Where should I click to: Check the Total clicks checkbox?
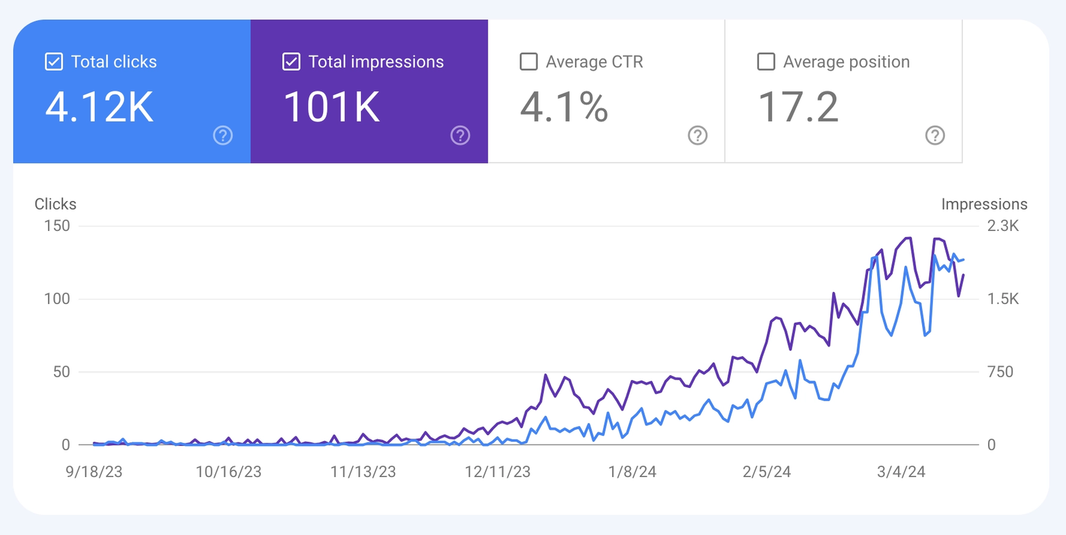pyautogui.click(x=54, y=62)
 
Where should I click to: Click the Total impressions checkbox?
pyautogui.click(x=291, y=62)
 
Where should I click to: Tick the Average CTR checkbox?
pyautogui.click(x=528, y=62)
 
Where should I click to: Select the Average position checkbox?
pyautogui.click(x=766, y=62)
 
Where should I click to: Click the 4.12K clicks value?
pyautogui.click(x=100, y=107)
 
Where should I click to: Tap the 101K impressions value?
pyautogui.click(x=332, y=107)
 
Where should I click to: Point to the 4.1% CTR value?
pyautogui.click(x=564, y=107)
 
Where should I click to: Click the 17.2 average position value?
pyautogui.click(x=798, y=107)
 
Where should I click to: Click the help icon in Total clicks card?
pyautogui.click(x=223, y=136)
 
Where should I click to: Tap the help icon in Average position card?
pyautogui.click(x=935, y=136)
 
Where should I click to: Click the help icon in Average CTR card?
pyautogui.click(x=698, y=136)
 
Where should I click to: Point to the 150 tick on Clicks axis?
pyautogui.click(x=57, y=226)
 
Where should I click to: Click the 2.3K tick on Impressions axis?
pyautogui.click(x=1003, y=226)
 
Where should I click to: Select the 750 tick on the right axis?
pyautogui.click(x=1000, y=372)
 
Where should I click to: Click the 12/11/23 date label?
pyautogui.click(x=498, y=472)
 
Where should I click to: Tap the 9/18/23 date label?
pyautogui.click(x=94, y=472)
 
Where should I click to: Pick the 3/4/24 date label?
pyautogui.click(x=901, y=472)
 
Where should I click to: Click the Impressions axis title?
pyautogui.click(x=984, y=204)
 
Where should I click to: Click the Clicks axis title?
pyautogui.click(x=55, y=204)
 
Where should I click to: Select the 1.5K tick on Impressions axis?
pyautogui.click(x=1003, y=299)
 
